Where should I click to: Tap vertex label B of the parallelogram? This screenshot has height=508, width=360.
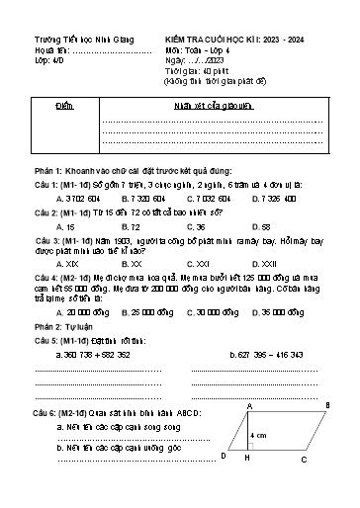pyautogui.click(x=327, y=406)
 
